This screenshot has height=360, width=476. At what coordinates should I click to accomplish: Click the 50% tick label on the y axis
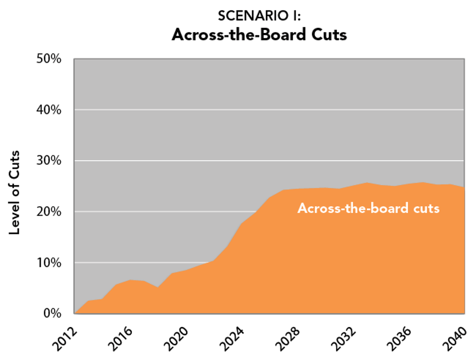tap(49, 59)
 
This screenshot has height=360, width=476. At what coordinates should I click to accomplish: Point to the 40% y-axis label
tap(49, 110)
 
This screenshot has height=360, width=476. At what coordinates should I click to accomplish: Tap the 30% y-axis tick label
tap(49, 160)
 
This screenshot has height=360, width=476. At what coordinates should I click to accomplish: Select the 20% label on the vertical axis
tap(49, 212)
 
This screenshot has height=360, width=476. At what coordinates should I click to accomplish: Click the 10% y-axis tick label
tap(49, 263)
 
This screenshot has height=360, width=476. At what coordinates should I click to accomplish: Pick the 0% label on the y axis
tap(52, 313)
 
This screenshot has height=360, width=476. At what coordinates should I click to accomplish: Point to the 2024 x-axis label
tap(232, 339)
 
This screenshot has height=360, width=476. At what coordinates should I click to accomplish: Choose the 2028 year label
tap(288, 339)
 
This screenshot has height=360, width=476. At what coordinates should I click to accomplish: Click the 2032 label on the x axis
tap(343, 339)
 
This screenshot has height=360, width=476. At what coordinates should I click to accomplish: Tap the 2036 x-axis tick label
tap(399, 339)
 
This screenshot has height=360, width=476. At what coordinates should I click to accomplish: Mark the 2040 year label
tap(454, 339)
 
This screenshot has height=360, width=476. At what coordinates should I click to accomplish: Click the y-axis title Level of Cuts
tap(14, 192)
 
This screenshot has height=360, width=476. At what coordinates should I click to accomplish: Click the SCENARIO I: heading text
tap(259, 16)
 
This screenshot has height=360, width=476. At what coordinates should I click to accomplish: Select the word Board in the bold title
tap(283, 35)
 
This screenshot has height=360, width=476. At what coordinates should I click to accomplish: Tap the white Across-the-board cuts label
tap(368, 208)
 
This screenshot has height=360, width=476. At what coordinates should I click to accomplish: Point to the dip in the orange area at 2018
tap(158, 287)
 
